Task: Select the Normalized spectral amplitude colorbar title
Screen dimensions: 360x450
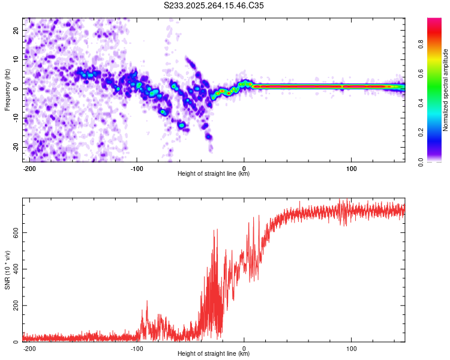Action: click(446, 90)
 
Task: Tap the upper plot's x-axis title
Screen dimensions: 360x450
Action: click(214, 173)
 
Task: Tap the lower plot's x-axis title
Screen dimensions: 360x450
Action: click(214, 353)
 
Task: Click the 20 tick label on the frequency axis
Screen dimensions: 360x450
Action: click(16, 30)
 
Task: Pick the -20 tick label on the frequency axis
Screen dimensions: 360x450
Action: click(15, 147)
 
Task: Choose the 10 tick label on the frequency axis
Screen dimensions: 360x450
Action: click(16, 59)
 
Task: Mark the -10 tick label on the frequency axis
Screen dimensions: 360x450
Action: click(15, 118)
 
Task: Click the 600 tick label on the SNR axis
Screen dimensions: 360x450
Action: click(14, 232)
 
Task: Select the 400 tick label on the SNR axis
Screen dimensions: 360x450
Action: click(14, 269)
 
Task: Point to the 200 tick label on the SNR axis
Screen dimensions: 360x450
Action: click(14, 306)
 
